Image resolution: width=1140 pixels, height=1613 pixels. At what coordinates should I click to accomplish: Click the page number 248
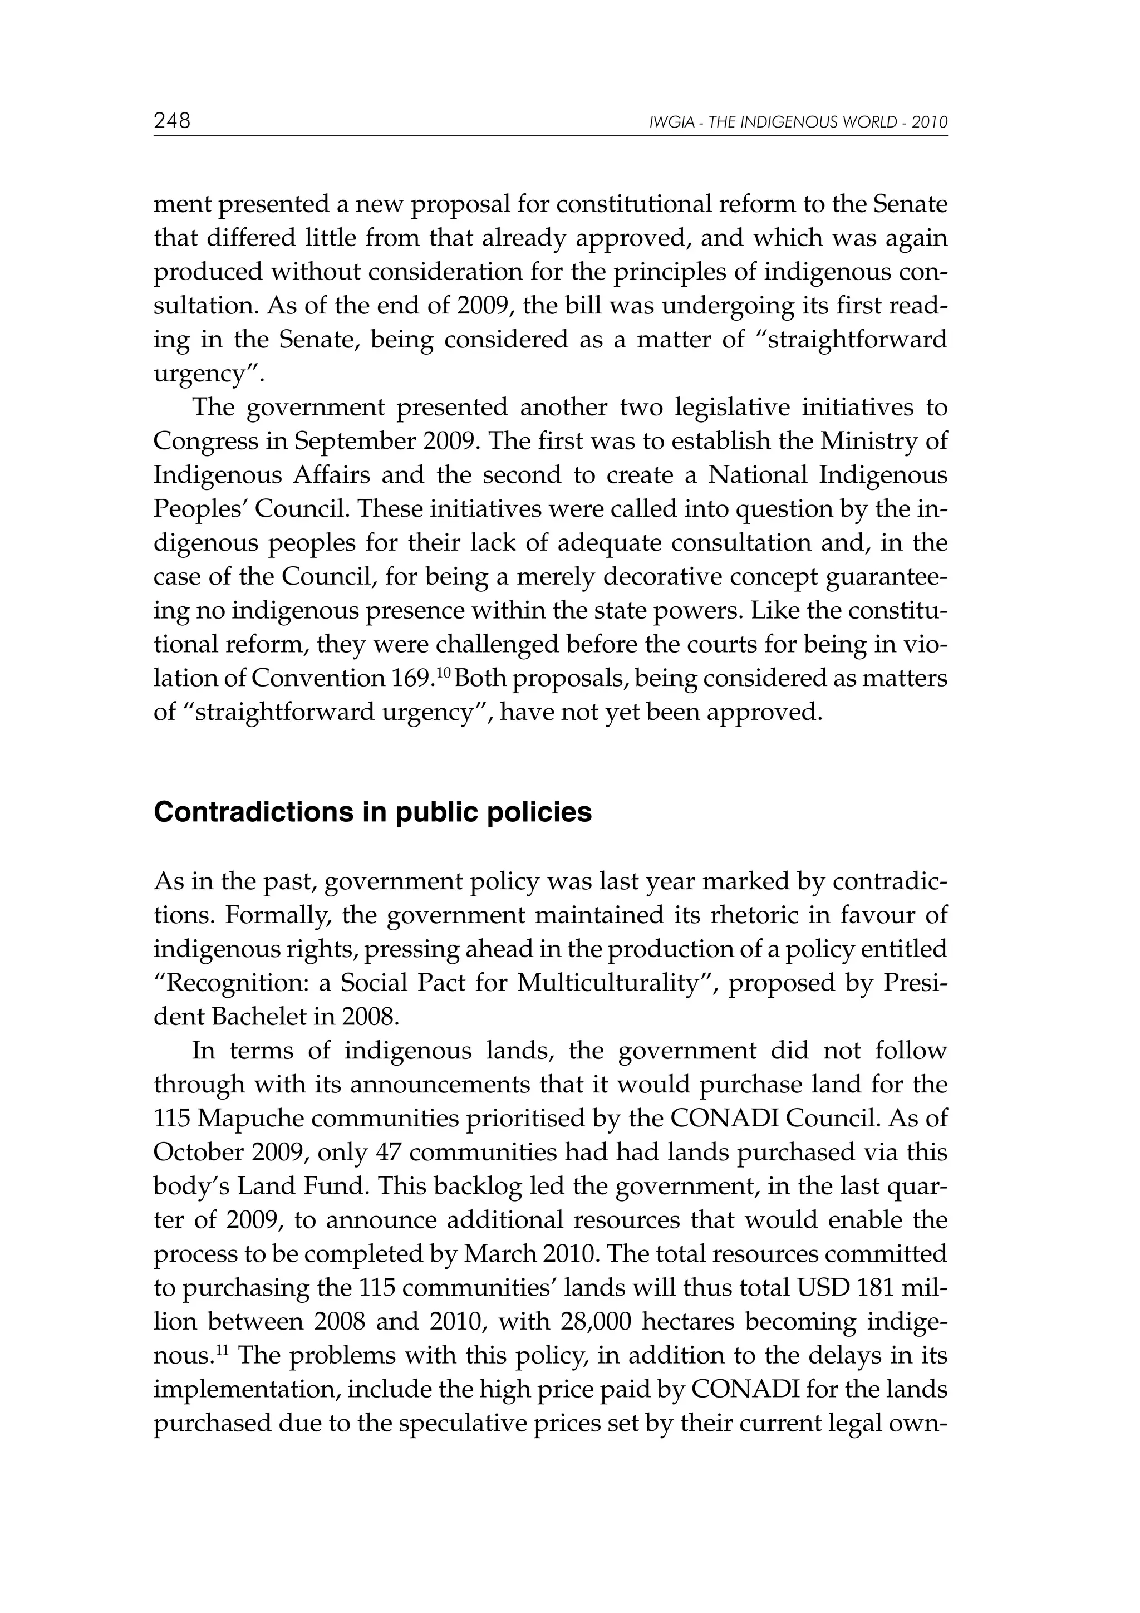pyautogui.click(x=172, y=121)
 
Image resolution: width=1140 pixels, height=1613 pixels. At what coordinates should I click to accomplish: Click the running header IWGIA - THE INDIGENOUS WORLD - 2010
pyautogui.click(x=799, y=123)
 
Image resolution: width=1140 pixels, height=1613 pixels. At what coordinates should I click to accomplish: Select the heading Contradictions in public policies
pyautogui.click(x=372, y=812)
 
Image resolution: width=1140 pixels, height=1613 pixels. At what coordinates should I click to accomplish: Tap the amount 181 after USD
pyautogui.click(x=880, y=1288)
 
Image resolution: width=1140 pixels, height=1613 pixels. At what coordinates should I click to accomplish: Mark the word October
pyautogui.click(x=195, y=1152)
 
